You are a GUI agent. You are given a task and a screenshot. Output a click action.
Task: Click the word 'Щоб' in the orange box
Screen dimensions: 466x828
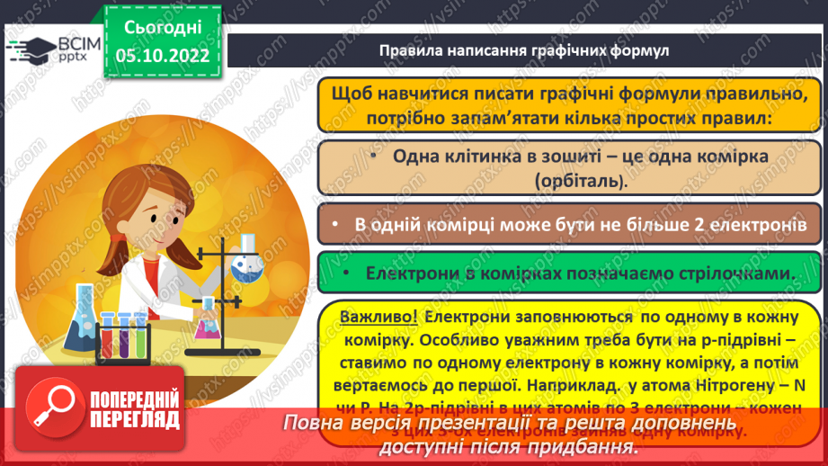click(x=351, y=93)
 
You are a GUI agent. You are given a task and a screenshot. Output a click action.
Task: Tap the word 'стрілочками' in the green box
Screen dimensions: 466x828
click(x=742, y=273)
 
